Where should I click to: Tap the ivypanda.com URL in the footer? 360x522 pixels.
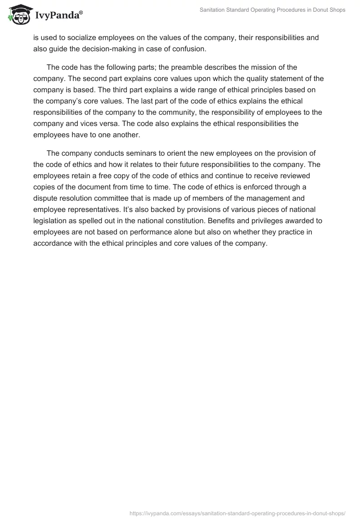(x=237, y=512)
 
